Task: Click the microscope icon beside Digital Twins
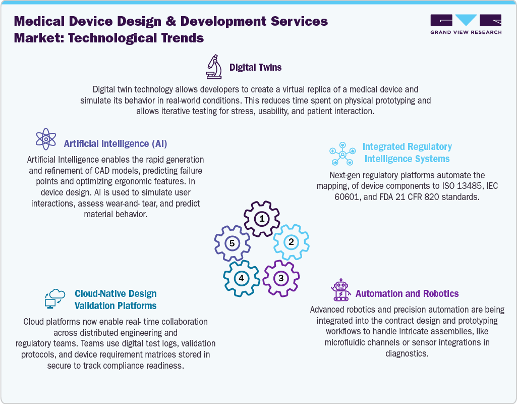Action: (214, 67)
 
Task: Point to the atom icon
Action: (46, 139)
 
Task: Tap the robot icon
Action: (341, 290)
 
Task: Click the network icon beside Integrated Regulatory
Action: (342, 154)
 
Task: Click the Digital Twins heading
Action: (256, 67)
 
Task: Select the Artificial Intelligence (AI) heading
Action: (116, 143)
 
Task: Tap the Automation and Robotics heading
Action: (407, 293)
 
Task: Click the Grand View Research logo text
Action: (466, 32)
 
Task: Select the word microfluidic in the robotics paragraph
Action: (346, 342)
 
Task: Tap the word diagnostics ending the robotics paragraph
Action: (407, 353)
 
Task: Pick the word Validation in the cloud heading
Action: (94, 306)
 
